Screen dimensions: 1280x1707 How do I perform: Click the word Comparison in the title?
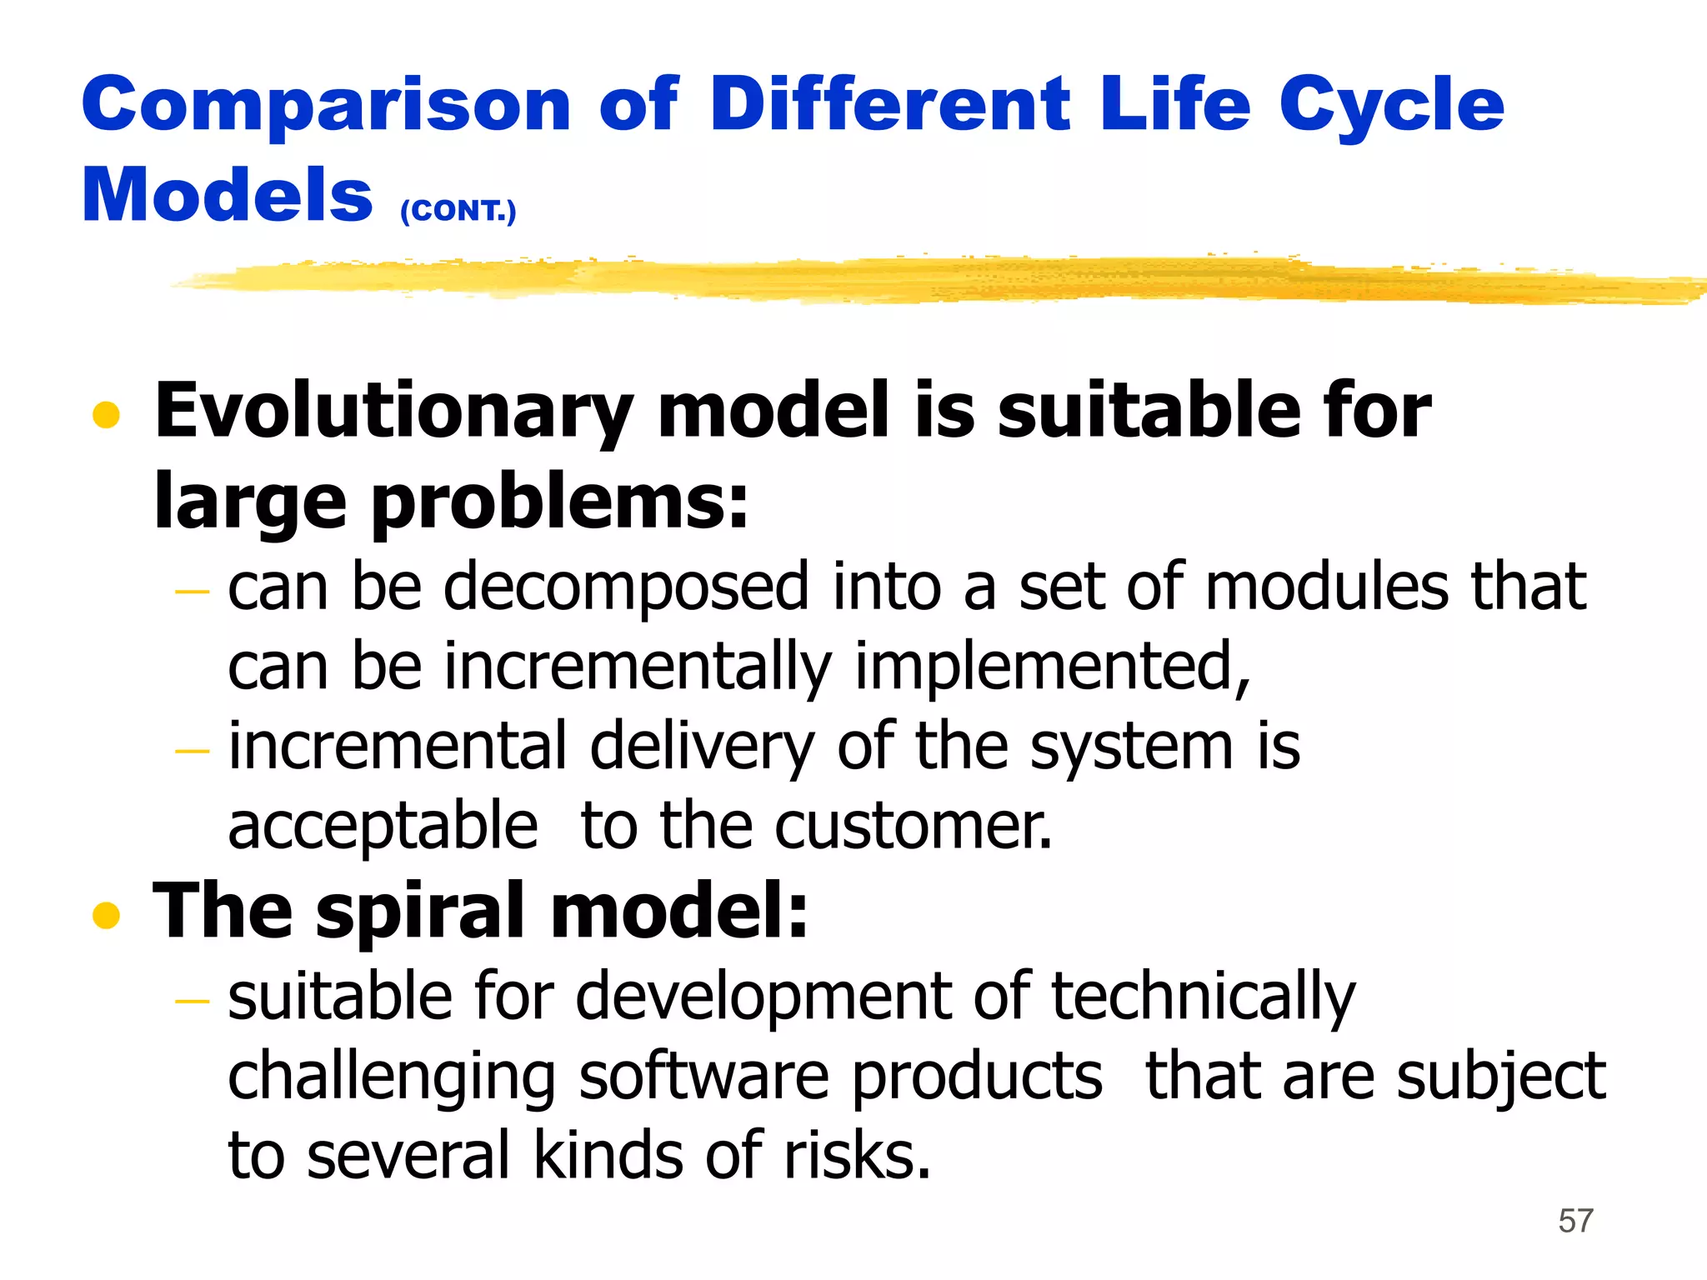pyautogui.click(x=326, y=106)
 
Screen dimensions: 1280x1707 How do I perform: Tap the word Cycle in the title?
pyautogui.click(x=1391, y=106)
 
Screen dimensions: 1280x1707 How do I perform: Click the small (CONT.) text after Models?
pyautogui.click(x=458, y=210)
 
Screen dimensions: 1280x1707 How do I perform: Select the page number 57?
pyautogui.click(x=1575, y=1221)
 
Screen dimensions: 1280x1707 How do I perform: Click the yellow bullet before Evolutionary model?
pyautogui.click(x=106, y=414)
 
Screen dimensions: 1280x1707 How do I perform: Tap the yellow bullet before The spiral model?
pyautogui.click(x=106, y=914)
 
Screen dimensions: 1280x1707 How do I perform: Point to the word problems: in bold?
pyautogui.click(x=559, y=502)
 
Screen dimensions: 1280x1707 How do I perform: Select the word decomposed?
pyautogui.click(x=626, y=587)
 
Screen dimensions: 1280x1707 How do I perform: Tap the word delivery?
pyautogui.click(x=701, y=746)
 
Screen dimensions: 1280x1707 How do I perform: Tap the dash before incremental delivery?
pyautogui.click(x=192, y=751)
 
